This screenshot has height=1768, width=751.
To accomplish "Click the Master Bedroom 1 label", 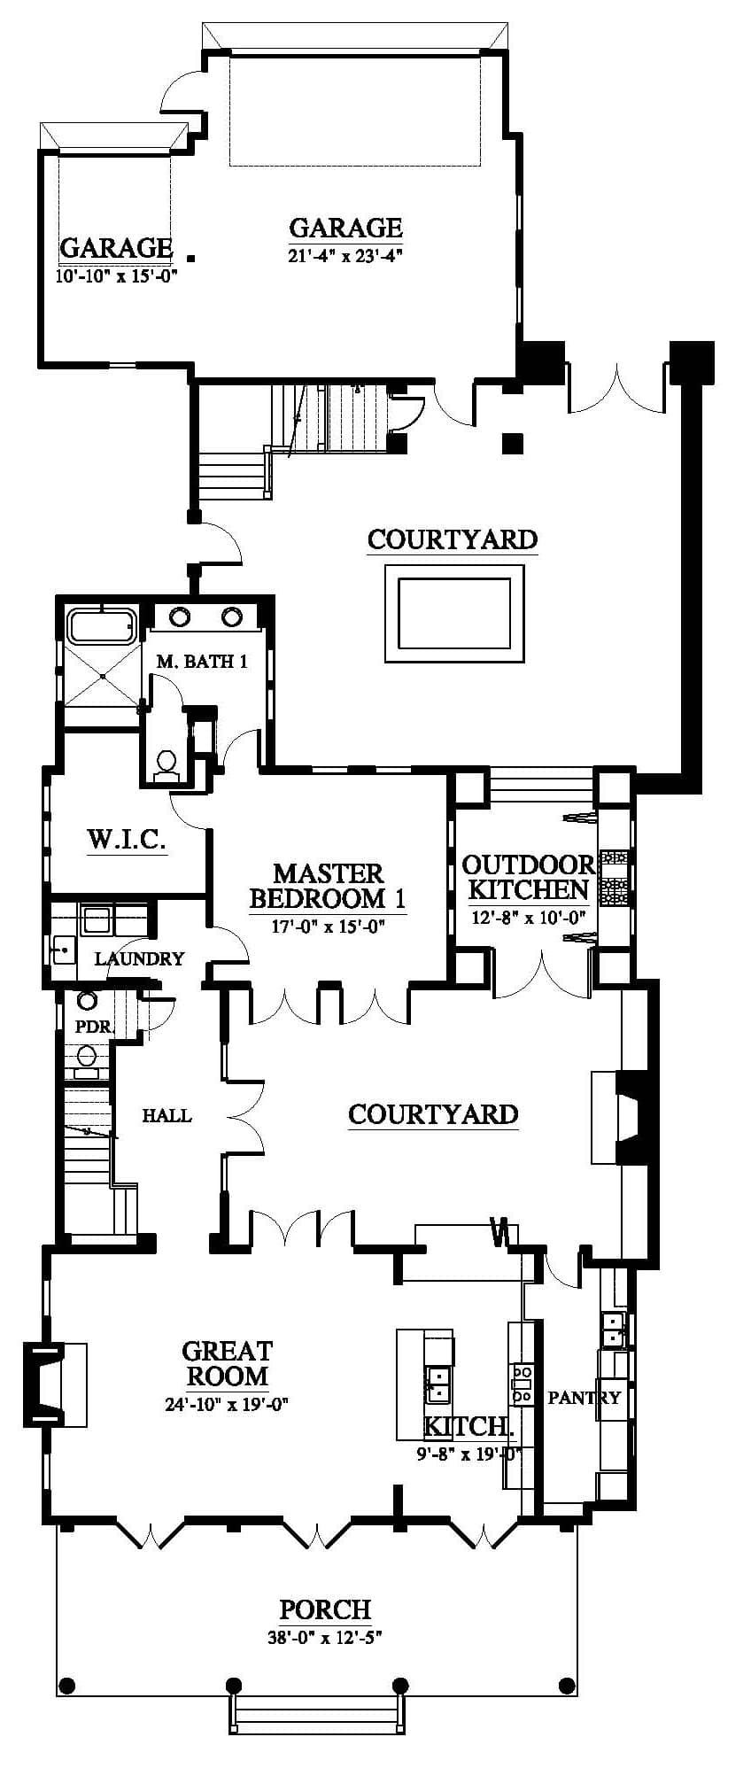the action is coord(328,886).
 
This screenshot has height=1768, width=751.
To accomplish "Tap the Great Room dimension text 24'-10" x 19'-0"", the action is coord(228,1403).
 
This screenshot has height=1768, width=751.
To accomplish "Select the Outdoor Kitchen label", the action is coord(529,876).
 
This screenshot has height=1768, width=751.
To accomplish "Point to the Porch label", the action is coord(325,1609).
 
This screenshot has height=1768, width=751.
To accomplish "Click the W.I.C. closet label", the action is coord(127,838).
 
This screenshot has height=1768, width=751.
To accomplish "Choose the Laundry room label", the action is coord(139,958).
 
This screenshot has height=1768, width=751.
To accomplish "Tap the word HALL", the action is coord(166,1115).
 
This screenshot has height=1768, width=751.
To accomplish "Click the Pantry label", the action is coord(585,1397).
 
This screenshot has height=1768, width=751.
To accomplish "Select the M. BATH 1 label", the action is coord(201,661).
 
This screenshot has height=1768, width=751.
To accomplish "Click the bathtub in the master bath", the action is coord(102,625).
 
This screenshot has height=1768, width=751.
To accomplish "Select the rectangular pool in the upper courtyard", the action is coord(453,613).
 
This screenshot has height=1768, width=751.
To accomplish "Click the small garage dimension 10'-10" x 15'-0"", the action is coord(116,275).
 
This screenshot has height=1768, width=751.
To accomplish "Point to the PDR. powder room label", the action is coord(93,1027).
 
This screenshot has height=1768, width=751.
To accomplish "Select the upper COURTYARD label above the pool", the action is coord(452,539).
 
